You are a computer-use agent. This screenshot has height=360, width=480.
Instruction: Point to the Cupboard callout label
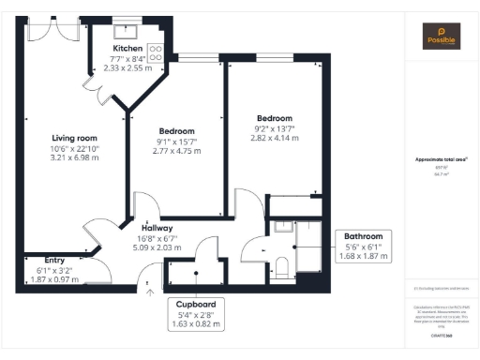(197, 305)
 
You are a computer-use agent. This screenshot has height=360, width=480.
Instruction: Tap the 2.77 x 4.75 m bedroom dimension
(176, 151)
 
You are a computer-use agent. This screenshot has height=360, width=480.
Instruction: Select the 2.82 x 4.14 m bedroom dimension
(275, 138)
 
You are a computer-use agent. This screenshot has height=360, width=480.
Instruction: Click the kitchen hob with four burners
(156, 53)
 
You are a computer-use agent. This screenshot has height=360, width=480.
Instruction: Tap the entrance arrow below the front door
(150, 290)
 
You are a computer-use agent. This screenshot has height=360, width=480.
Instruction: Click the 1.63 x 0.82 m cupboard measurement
(197, 325)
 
